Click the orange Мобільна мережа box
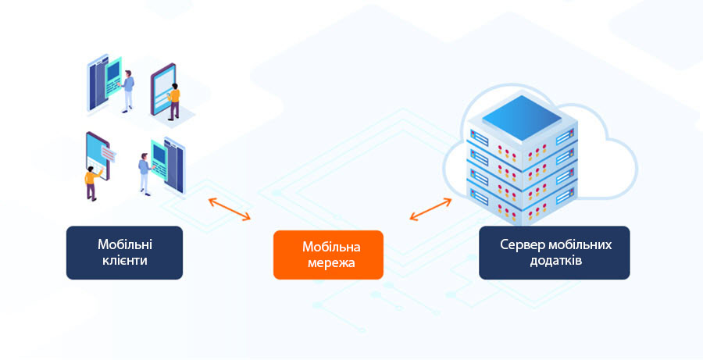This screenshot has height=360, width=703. pyautogui.click(x=328, y=255)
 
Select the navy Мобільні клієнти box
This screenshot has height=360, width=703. pyautogui.click(x=125, y=253)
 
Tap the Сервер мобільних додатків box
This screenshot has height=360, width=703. pyautogui.click(x=554, y=253)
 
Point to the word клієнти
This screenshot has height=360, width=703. pyautogui.click(x=125, y=261)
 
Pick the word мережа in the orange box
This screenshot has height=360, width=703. pyautogui.click(x=331, y=262)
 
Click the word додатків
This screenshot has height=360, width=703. pyautogui.click(x=556, y=261)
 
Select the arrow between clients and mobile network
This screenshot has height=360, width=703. pyautogui.click(x=230, y=209)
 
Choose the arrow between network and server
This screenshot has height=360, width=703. pyautogui.click(x=430, y=209)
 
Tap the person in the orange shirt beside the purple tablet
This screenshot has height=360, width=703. pyautogui.click(x=173, y=102)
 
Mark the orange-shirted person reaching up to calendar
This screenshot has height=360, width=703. pyautogui.click(x=92, y=183)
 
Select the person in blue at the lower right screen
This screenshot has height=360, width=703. pyautogui.click(x=145, y=174)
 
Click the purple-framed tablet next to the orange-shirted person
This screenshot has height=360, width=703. pyautogui.click(x=162, y=89)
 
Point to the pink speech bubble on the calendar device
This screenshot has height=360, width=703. pyautogui.click(x=109, y=155)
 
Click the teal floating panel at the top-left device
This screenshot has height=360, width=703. pyautogui.click(x=113, y=77)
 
